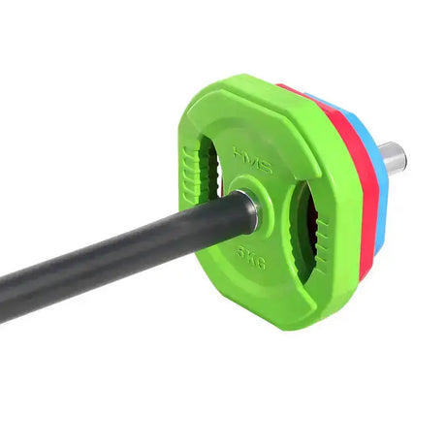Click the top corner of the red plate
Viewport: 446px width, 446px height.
pos(285,86)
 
